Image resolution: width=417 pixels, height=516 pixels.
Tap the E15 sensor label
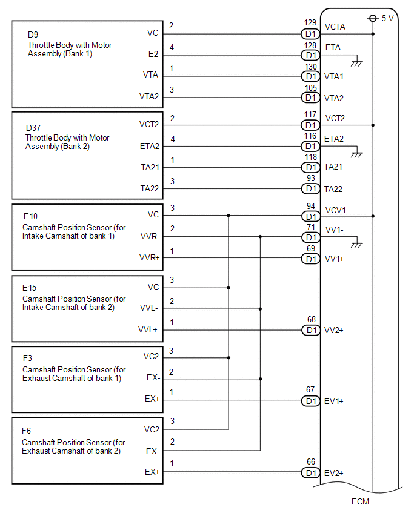click(x=31, y=288)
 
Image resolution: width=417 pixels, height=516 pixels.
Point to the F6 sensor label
click(x=27, y=431)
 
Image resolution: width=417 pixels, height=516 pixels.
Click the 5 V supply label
click(x=388, y=18)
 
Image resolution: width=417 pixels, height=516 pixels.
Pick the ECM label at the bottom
click(x=359, y=501)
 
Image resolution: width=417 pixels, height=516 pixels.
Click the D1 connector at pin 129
click(x=311, y=34)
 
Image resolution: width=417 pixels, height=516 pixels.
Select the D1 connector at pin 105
click(x=311, y=98)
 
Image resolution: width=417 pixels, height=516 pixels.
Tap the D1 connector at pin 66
click(x=311, y=472)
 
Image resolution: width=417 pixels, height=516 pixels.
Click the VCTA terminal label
click(x=336, y=27)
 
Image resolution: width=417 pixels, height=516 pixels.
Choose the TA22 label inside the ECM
click(x=334, y=189)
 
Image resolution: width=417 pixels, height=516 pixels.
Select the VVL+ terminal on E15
click(x=149, y=330)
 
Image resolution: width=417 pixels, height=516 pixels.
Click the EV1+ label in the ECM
click(x=335, y=401)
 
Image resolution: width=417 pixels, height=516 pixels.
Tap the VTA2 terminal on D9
click(x=149, y=97)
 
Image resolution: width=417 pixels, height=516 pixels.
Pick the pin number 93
click(x=311, y=178)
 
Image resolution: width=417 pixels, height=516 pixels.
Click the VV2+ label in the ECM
click(x=335, y=330)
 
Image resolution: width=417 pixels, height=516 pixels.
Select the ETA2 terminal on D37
click(x=148, y=146)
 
